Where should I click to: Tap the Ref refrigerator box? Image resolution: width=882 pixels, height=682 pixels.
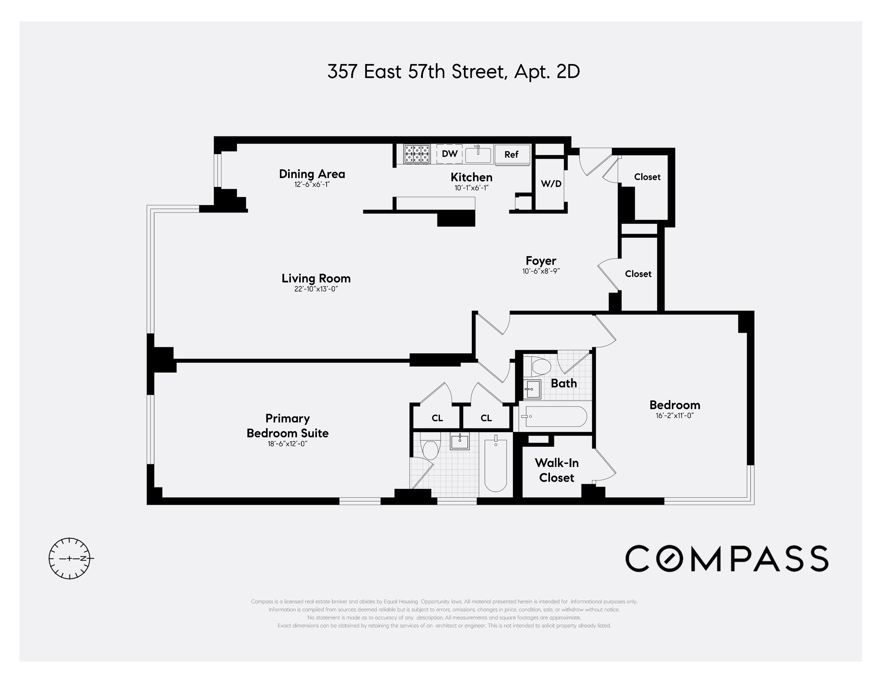(x=511, y=154)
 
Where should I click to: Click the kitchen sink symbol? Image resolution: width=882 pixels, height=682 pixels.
(x=478, y=154)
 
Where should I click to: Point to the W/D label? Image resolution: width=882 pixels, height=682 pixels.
(x=551, y=184)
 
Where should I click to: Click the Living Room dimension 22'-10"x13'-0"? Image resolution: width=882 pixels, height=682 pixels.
(x=316, y=289)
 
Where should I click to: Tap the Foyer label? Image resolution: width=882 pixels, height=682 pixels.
(x=541, y=260)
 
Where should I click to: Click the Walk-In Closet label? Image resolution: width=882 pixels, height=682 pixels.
(x=557, y=470)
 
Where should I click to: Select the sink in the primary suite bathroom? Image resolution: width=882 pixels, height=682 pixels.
(x=459, y=442)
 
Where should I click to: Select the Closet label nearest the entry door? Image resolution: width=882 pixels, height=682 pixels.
(x=647, y=177)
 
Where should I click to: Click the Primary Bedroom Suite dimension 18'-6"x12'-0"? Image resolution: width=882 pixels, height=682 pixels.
(x=287, y=444)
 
